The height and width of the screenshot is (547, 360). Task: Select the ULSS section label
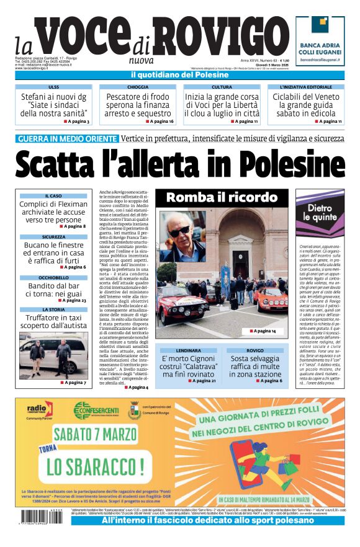click(x=54, y=87)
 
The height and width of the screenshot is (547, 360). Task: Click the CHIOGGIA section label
click(x=137, y=87)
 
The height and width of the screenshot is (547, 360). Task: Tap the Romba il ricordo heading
click(x=222, y=198)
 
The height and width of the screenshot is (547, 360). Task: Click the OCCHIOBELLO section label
click(x=53, y=278)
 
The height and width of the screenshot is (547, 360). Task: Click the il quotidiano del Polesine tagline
click(x=179, y=75)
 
